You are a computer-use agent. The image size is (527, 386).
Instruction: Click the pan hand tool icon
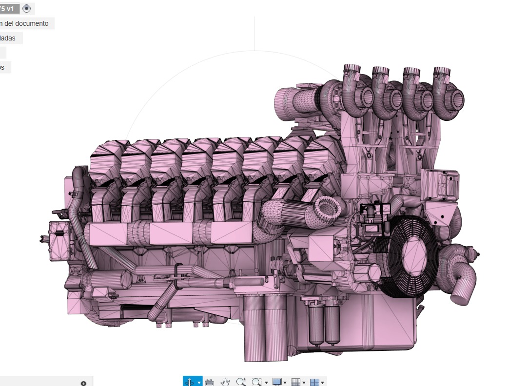(x=225, y=382)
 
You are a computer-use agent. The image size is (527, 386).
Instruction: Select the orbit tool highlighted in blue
(x=190, y=382)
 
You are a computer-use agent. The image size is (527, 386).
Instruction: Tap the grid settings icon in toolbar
(x=295, y=382)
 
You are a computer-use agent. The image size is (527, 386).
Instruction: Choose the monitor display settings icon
(x=277, y=382)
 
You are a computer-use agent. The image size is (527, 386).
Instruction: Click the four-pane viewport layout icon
(x=314, y=382)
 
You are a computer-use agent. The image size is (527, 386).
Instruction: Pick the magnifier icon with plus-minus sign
(x=240, y=382)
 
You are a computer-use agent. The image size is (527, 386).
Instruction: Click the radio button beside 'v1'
(x=27, y=8)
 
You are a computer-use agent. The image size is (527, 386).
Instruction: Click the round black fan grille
(x=409, y=256)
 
